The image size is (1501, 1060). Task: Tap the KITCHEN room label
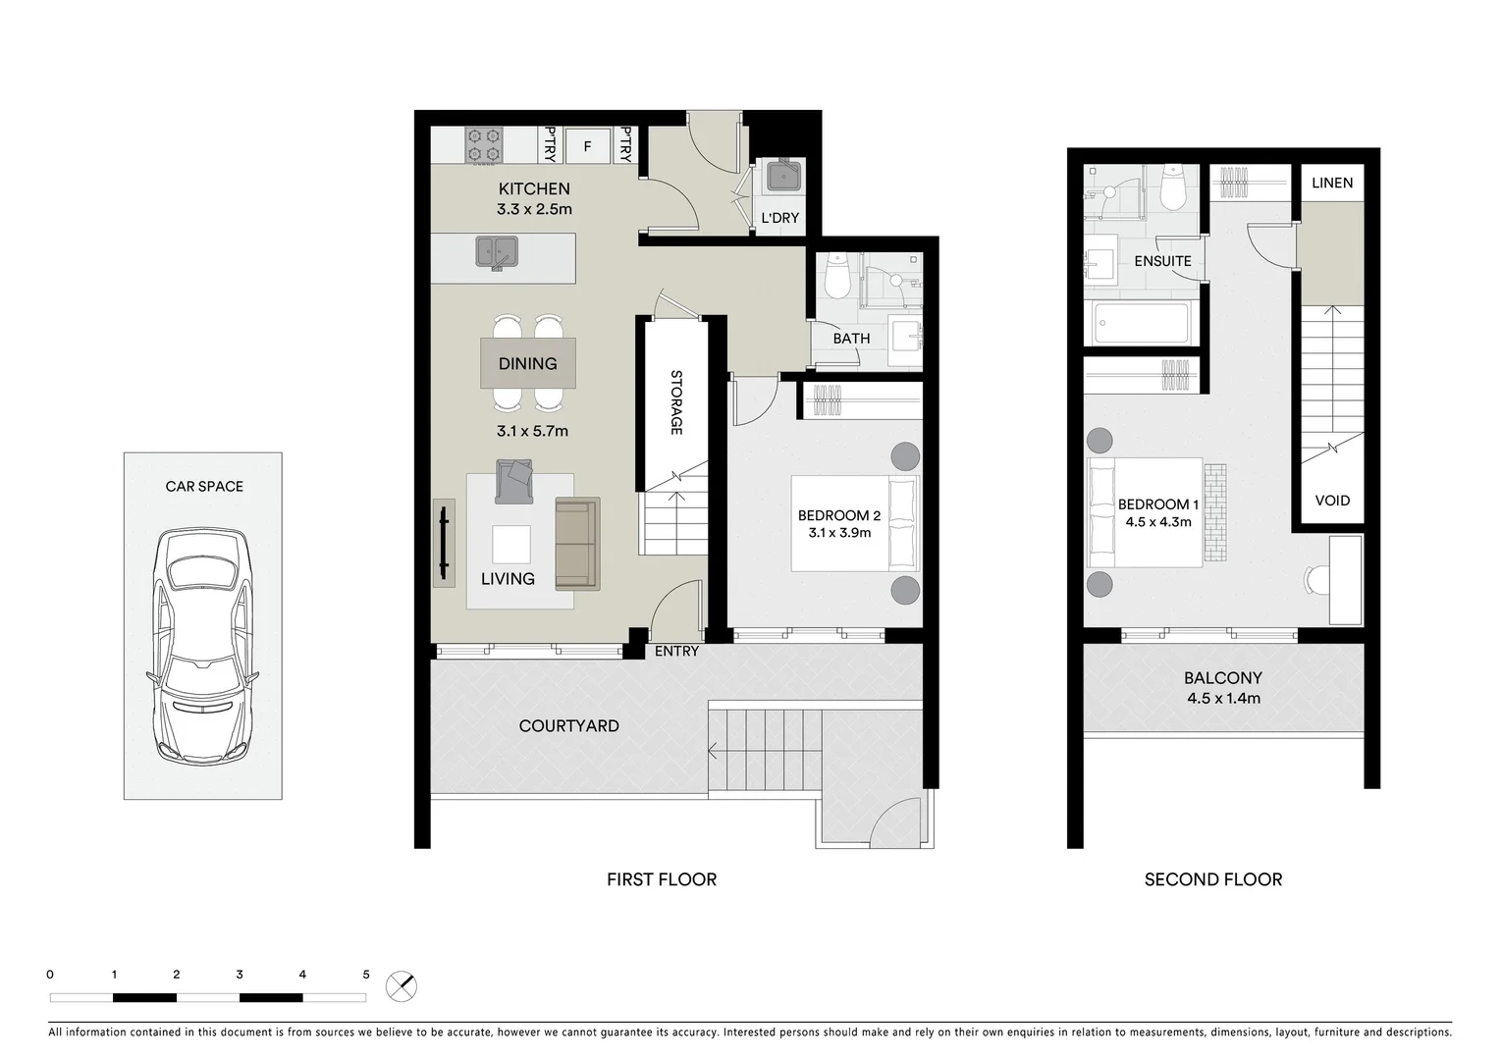[x=534, y=188]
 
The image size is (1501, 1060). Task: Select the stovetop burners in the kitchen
[x=483, y=145]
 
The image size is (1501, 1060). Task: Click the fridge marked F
[x=588, y=146]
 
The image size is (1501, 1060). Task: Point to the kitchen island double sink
[x=497, y=252]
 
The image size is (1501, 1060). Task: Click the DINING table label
[x=527, y=363]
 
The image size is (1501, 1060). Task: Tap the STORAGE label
[x=675, y=402]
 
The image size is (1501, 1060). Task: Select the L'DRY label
[x=780, y=218]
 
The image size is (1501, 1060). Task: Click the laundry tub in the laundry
[x=783, y=177]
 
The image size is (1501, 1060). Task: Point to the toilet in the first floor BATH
[x=837, y=277]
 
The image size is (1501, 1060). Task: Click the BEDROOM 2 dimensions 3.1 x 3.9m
[x=839, y=533]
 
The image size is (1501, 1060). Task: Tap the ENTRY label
[x=676, y=651]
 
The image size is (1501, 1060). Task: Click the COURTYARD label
[x=568, y=725]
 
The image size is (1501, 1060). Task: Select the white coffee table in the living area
[x=511, y=544]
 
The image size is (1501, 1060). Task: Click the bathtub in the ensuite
[x=1141, y=322]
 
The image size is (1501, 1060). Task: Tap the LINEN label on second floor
[x=1332, y=183]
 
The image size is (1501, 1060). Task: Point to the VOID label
[x=1332, y=501]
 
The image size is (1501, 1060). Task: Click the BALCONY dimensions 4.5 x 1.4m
[x=1223, y=699]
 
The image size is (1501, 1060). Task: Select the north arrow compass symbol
[x=402, y=985]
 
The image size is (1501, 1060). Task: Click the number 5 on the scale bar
[x=366, y=975]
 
